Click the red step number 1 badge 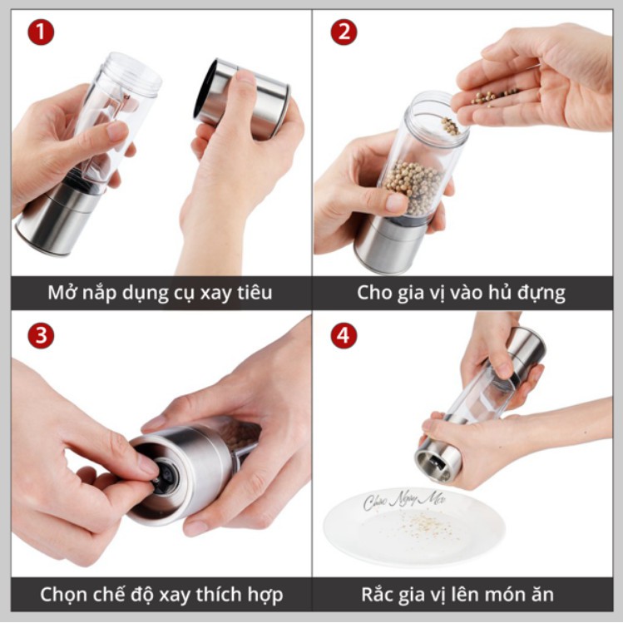pyautogui.click(x=41, y=33)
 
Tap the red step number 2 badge pyautogui.click(x=344, y=33)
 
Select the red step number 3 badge pyautogui.click(x=41, y=336)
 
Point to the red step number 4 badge pyautogui.click(x=344, y=336)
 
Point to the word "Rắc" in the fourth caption pyautogui.click(x=379, y=595)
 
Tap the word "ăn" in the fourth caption pyautogui.click(x=541, y=596)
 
